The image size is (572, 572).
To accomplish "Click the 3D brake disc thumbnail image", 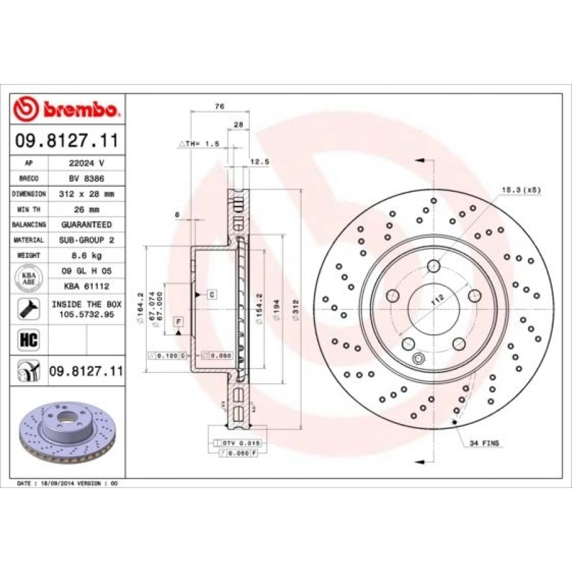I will click(x=67, y=432).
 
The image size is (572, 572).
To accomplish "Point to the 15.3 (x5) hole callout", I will click(x=521, y=189).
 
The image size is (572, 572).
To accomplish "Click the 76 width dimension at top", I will click(x=219, y=107).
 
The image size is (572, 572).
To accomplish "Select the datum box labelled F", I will click(x=179, y=322).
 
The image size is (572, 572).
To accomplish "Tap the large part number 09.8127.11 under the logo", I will click(x=67, y=139).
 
